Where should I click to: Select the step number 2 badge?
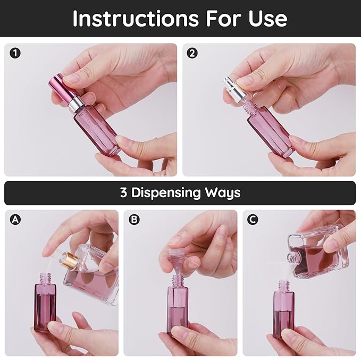(192, 53)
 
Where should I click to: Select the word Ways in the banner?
(223, 192)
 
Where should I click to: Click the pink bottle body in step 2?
(271, 131)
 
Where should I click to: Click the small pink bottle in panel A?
(45, 306)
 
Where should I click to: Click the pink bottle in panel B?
(177, 308)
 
